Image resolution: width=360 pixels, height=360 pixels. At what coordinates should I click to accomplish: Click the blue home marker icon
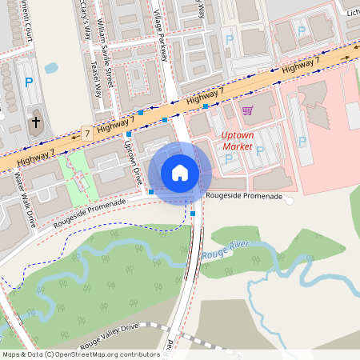(x=180, y=173)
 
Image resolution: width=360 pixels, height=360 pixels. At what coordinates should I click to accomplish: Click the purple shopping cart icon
(x=247, y=110)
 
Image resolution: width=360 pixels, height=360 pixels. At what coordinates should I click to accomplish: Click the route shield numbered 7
(x=86, y=132)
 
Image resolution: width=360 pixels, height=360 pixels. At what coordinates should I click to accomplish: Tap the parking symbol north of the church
(x=29, y=82)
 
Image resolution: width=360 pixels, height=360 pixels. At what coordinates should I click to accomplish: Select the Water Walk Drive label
(x=22, y=199)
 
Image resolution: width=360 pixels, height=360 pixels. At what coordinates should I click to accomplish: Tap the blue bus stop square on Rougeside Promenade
(x=151, y=192)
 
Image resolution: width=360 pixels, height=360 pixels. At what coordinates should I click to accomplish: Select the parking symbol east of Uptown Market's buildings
(x=302, y=142)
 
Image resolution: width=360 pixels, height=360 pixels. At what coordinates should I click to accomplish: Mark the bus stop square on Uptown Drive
(x=128, y=134)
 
